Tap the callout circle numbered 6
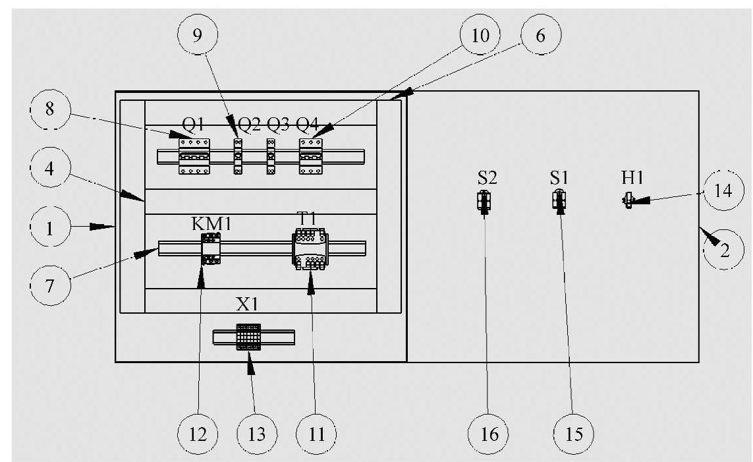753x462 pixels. click(x=540, y=36)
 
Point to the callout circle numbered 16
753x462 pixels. click(x=488, y=434)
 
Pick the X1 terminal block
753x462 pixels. click(x=248, y=337)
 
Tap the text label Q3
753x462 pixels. click(x=277, y=125)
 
